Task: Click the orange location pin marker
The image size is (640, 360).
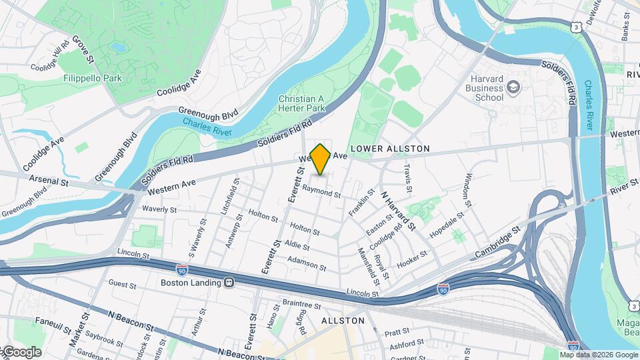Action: point(321,159)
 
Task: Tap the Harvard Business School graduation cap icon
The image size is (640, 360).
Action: point(513,87)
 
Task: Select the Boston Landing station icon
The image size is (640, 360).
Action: point(229,283)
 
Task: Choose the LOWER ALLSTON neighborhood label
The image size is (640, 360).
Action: point(390,148)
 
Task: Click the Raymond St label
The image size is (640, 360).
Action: point(321,192)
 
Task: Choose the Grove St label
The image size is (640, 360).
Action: point(84,50)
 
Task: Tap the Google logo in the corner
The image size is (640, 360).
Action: point(21,352)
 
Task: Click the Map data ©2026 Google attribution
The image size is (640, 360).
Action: point(599,355)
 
